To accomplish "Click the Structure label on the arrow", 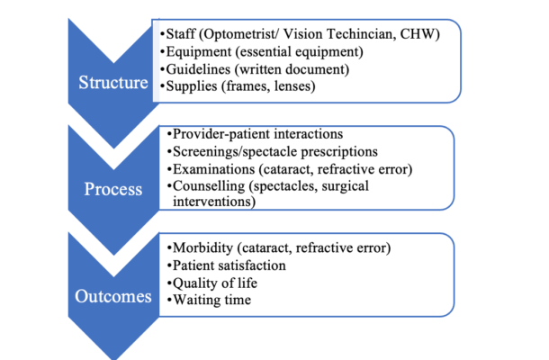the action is pyautogui.click(x=113, y=83).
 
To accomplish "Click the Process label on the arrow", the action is pyautogui.click(x=113, y=189).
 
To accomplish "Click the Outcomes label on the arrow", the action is pyautogui.click(x=113, y=296).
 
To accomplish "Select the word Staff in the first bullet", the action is pyautogui.click(x=181, y=34).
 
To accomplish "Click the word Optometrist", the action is pyautogui.click(x=239, y=34).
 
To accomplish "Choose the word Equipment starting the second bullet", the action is pyautogui.click(x=199, y=52).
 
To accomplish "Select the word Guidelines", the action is pyautogui.click(x=198, y=69).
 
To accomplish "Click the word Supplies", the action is pyautogui.click(x=192, y=86).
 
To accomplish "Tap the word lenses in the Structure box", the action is pyautogui.click(x=295, y=86).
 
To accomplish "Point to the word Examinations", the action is pyautogui.click(x=213, y=169).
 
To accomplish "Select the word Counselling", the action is pyautogui.click(x=209, y=186).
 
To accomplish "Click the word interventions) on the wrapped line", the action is pyautogui.click(x=214, y=202).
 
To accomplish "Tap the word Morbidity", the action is pyautogui.click(x=202, y=247).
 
